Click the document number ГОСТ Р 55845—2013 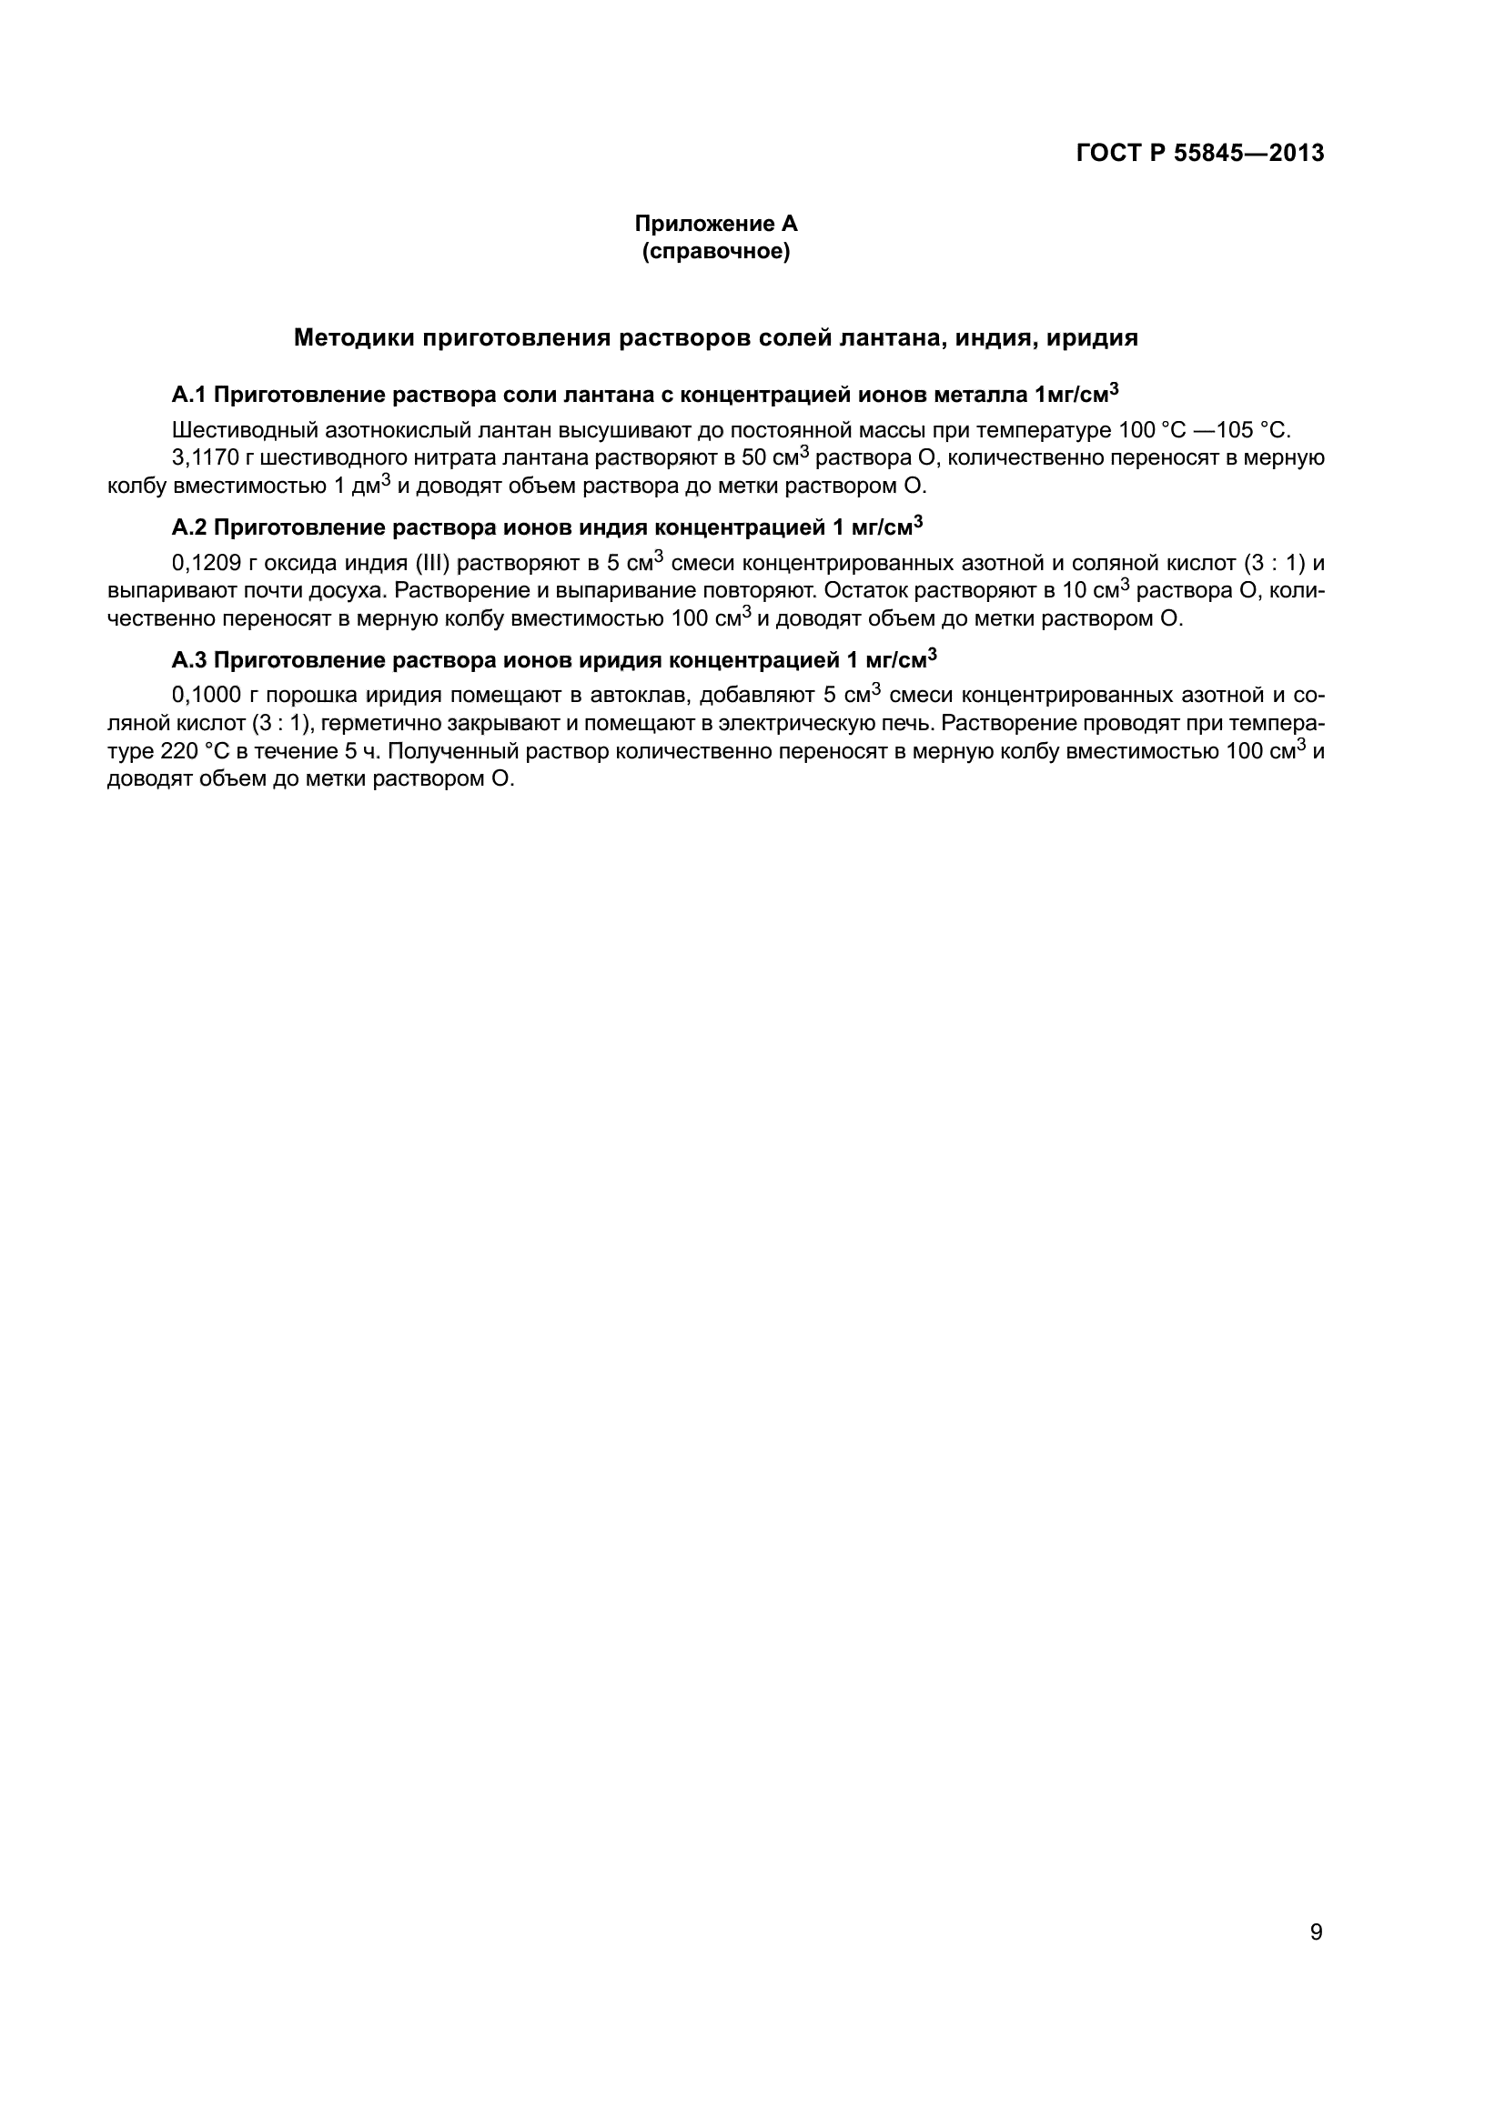pyautogui.click(x=1200, y=154)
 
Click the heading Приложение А pyautogui.click(x=715, y=225)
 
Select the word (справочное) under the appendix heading pyautogui.click(x=715, y=251)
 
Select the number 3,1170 pyautogui.click(x=207, y=458)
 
